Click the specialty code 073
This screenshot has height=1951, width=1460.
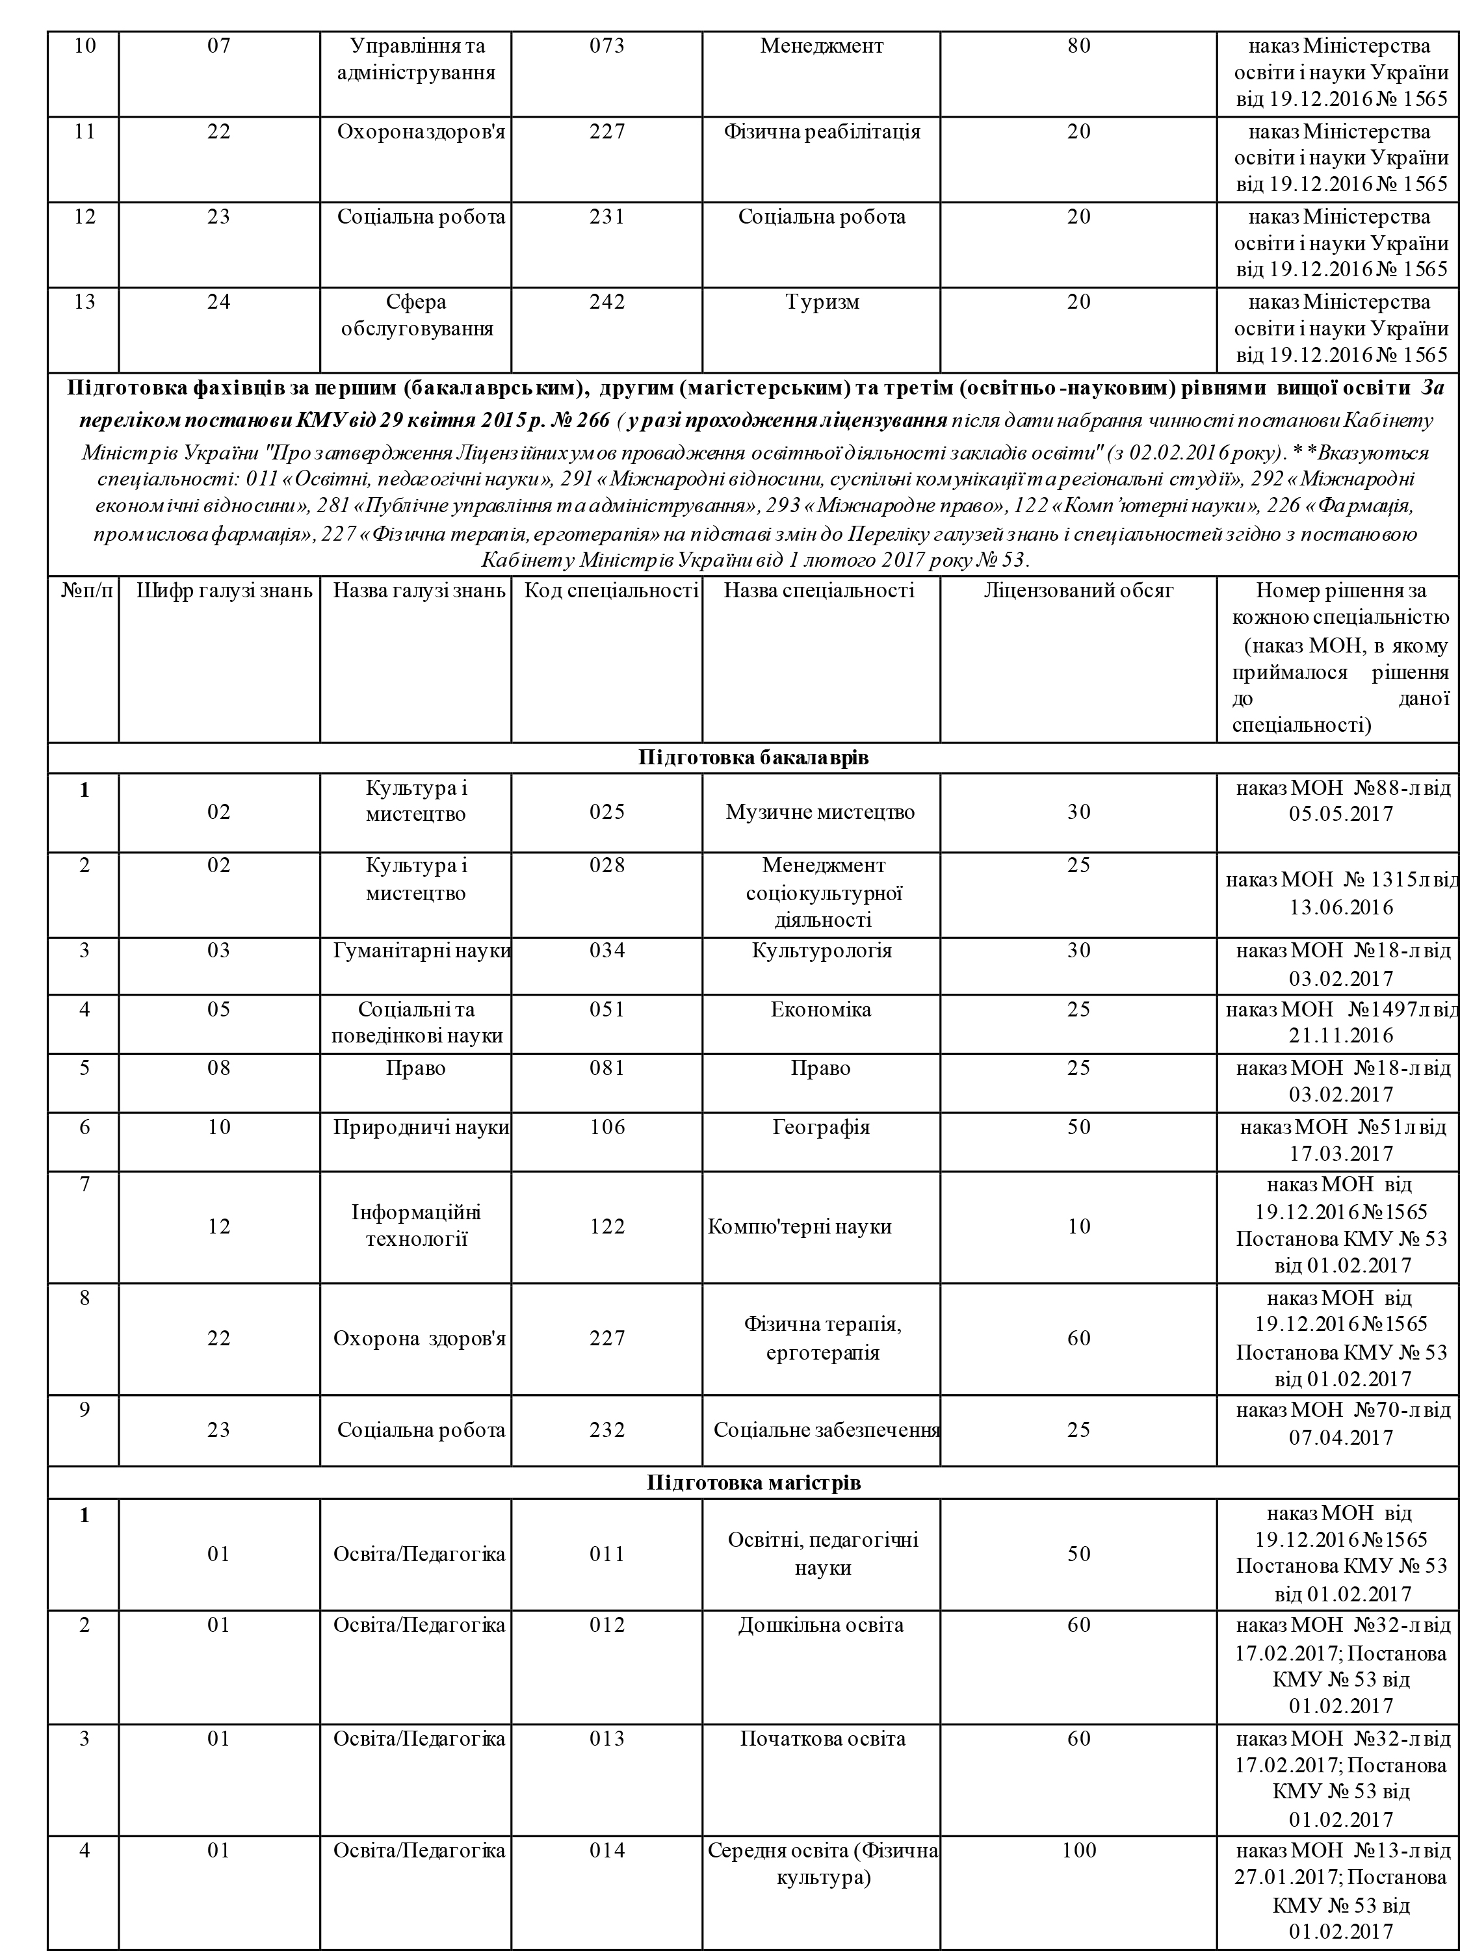607,46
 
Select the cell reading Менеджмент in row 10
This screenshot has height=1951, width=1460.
821,46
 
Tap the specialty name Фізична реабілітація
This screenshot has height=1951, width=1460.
821,131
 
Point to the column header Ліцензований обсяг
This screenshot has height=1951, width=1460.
1078,590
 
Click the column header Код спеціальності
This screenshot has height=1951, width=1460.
611,590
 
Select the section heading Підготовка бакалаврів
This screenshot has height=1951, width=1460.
753,758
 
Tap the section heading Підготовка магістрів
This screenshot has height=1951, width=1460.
753,1482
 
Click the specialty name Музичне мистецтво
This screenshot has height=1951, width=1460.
820,812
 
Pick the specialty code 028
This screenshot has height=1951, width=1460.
607,865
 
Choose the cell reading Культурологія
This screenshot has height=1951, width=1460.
821,951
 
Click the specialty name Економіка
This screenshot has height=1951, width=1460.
820,1009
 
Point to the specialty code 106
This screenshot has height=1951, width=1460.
607,1127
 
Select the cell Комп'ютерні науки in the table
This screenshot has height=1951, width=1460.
800,1226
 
